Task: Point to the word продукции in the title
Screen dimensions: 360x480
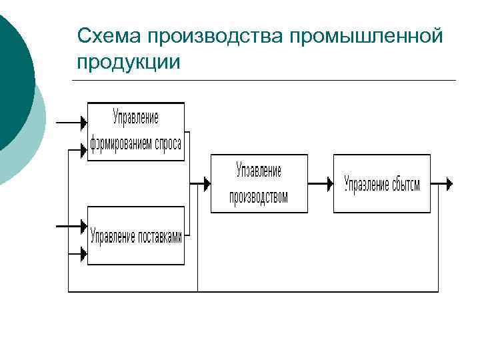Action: tap(128, 62)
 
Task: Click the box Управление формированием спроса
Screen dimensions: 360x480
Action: tap(136, 131)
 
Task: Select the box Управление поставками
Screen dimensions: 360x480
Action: tap(136, 236)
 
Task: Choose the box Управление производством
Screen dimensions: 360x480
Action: tap(259, 183)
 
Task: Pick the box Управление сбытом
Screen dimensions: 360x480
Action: tap(382, 183)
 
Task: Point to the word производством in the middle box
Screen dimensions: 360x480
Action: tap(259, 197)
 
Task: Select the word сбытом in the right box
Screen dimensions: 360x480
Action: tap(404, 184)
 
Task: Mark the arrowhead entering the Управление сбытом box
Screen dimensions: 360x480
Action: tap(329, 183)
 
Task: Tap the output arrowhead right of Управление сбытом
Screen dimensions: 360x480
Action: tap(449, 183)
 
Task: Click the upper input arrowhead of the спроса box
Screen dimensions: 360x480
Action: tap(84, 123)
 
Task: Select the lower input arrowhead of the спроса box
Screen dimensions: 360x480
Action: tap(84, 149)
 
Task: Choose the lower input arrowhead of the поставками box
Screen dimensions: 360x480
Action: tap(84, 253)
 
